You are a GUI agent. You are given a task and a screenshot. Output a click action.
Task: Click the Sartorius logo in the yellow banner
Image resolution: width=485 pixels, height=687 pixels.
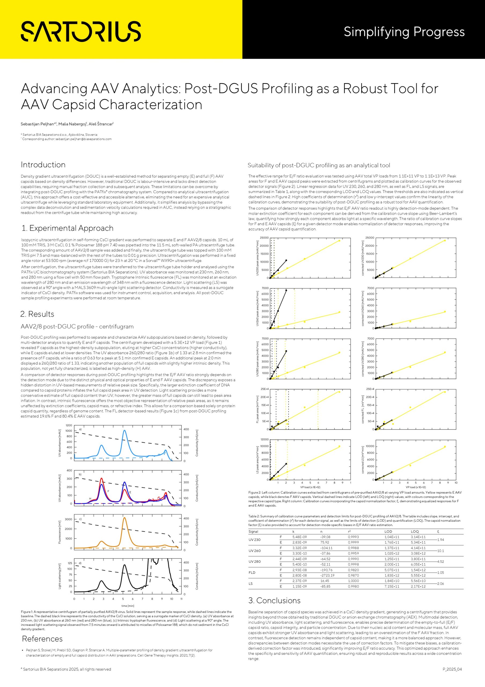click(81, 31)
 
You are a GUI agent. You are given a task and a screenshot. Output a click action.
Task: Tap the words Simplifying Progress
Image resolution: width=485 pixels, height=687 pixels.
click(404, 32)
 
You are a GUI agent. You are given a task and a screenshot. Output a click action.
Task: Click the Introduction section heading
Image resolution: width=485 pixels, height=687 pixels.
click(43, 165)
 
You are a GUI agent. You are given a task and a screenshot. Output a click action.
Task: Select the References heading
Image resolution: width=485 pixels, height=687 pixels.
click(42, 639)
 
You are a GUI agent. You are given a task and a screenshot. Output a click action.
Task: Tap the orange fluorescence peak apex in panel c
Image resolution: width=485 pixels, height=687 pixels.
click(124, 518)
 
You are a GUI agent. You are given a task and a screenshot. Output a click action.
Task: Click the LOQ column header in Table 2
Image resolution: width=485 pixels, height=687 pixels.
click(415, 532)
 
